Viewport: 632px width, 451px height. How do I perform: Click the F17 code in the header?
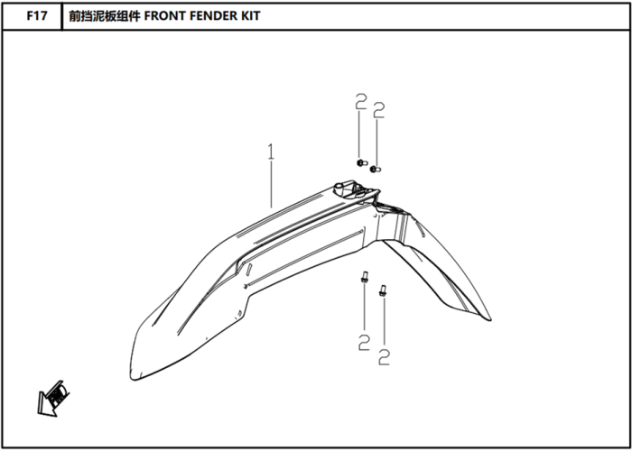coord(37,15)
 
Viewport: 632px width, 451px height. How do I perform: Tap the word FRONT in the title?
coord(162,15)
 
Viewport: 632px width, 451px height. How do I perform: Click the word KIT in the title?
coord(250,15)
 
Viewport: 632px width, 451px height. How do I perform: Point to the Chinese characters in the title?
coord(104,15)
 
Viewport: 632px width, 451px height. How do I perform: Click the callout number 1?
coord(271,152)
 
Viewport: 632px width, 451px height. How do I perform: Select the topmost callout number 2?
coord(361,101)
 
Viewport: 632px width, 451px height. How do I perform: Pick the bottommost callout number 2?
coord(385,357)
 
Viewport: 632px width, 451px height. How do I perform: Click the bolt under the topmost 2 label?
coord(361,163)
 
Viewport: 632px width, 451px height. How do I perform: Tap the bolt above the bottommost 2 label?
coord(382,290)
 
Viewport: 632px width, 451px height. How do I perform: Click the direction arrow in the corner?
coord(52,398)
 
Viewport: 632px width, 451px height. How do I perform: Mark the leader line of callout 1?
coord(271,184)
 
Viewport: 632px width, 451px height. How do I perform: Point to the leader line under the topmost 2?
coord(359,135)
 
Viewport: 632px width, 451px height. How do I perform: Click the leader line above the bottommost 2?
coord(384,322)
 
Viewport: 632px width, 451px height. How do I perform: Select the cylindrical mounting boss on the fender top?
coord(339,188)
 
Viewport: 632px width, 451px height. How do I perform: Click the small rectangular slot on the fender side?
coord(248,270)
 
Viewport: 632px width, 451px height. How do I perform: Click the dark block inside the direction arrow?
coord(57,394)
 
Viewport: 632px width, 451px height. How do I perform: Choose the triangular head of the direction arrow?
coord(45,405)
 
